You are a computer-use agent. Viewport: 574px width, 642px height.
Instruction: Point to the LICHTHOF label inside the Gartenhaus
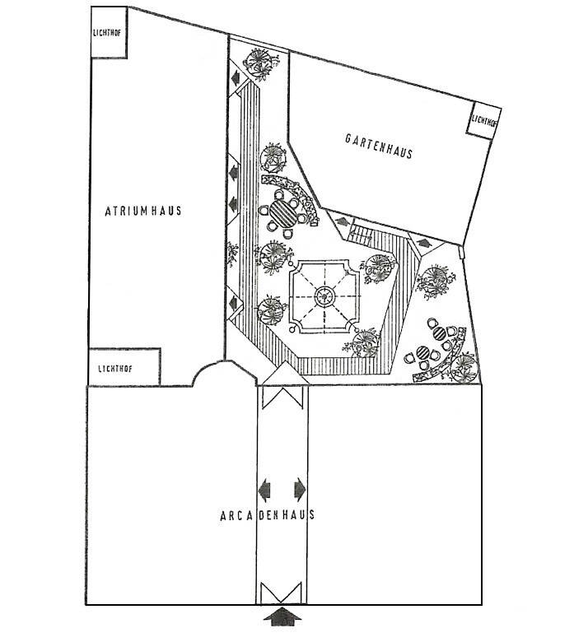(485, 120)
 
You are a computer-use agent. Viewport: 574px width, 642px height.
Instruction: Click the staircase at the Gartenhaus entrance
(363, 233)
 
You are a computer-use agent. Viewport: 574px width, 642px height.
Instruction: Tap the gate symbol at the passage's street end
(282, 590)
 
